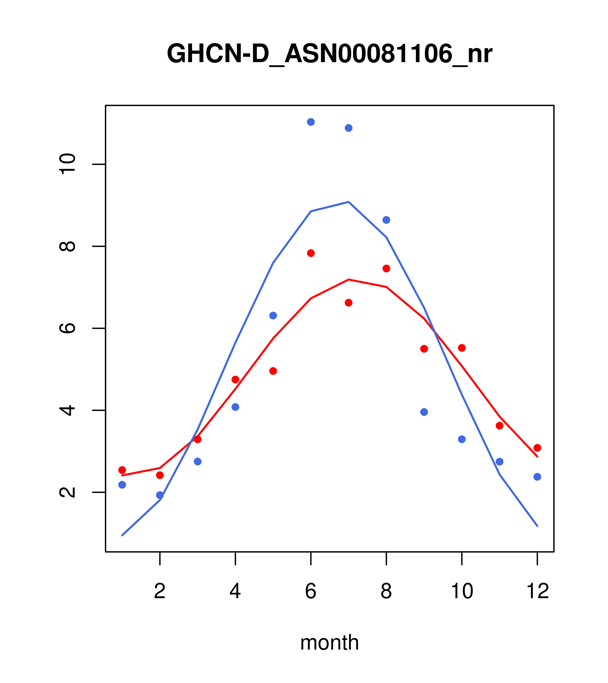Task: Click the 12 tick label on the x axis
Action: [537, 592]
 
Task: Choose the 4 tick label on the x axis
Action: [235, 592]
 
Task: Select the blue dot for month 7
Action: [348, 128]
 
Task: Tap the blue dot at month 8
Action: [386, 220]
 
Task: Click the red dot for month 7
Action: [348, 303]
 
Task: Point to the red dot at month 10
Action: [462, 348]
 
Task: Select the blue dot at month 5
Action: [273, 315]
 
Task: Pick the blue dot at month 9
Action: [424, 412]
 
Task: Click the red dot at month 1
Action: [122, 470]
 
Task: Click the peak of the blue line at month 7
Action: [348, 202]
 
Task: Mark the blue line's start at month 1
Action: [122, 535]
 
